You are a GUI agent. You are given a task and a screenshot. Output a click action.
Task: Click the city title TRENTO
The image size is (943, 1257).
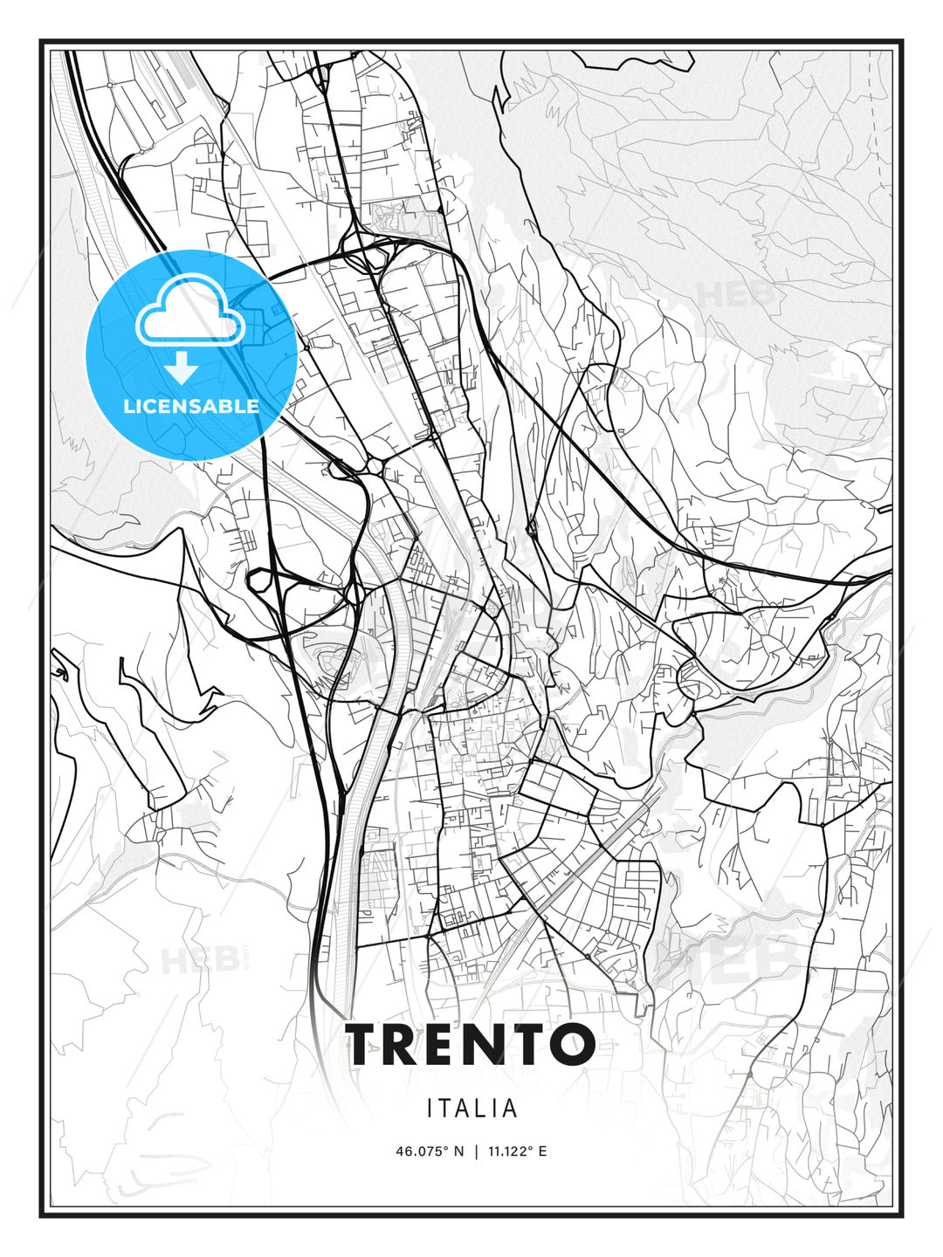[471, 1044]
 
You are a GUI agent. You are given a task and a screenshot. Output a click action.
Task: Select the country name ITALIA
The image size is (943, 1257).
[472, 1109]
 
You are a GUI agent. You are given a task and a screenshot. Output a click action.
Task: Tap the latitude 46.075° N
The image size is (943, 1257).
[430, 1151]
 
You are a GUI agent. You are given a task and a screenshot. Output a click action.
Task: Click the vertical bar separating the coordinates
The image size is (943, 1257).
[476, 1151]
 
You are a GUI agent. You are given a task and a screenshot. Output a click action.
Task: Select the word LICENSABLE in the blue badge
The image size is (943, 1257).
[191, 406]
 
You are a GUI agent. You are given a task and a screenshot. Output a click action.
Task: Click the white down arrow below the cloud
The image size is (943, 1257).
[181, 368]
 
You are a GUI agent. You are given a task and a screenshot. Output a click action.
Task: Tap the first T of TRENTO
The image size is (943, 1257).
[365, 1044]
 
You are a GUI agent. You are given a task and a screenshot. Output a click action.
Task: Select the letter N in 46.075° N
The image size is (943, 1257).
[459, 1151]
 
